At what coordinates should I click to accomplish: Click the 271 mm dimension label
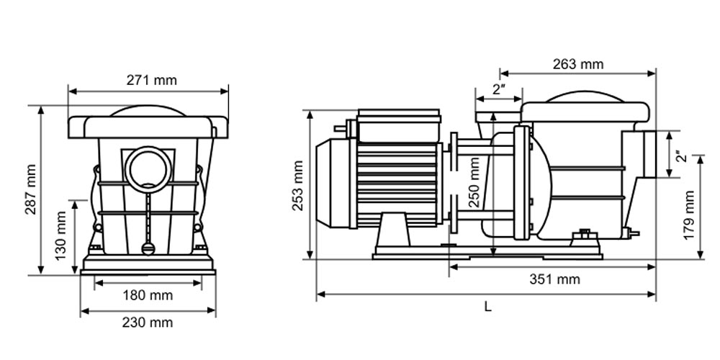tap(151, 81)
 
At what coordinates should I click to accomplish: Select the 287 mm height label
tap(30, 189)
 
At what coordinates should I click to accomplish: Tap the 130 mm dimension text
tap(61, 235)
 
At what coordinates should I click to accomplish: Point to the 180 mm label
tap(148, 295)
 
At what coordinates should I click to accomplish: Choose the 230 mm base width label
tap(148, 323)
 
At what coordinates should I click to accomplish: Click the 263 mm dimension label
tap(577, 64)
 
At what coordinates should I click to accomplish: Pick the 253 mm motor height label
tap(298, 186)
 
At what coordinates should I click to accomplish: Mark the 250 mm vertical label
tap(474, 182)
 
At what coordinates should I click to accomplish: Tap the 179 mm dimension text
tap(688, 215)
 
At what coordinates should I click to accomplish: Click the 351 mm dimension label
tap(554, 279)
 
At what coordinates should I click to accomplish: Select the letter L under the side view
tap(487, 307)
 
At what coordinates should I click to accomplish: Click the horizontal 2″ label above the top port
tap(499, 89)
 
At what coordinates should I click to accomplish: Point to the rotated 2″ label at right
tap(682, 156)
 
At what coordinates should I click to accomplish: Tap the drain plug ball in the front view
tap(148, 248)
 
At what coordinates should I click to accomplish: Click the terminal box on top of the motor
tap(398, 125)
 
